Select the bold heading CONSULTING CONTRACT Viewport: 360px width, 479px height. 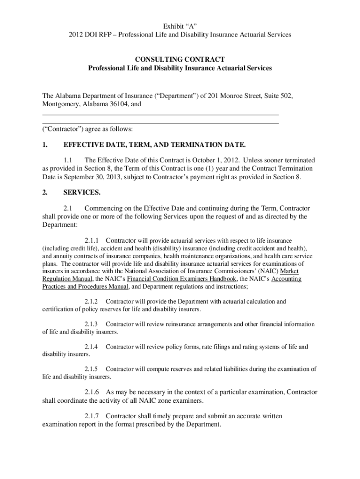tap(180, 59)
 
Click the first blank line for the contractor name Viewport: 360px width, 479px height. tap(160, 114)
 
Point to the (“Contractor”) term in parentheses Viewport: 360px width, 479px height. tap(61, 129)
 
